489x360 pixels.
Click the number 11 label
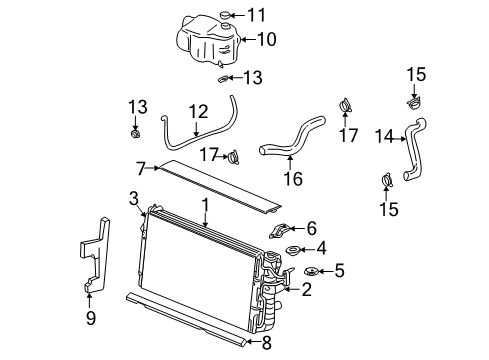pyautogui.click(x=258, y=15)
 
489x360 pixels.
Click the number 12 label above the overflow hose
pyautogui.click(x=200, y=112)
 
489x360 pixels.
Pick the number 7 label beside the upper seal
pyautogui.click(x=141, y=166)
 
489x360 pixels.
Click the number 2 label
pyautogui.click(x=307, y=289)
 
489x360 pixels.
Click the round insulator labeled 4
pyautogui.click(x=293, y=249)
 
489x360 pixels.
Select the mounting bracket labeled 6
pyautogui.click(x=282, y=229)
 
